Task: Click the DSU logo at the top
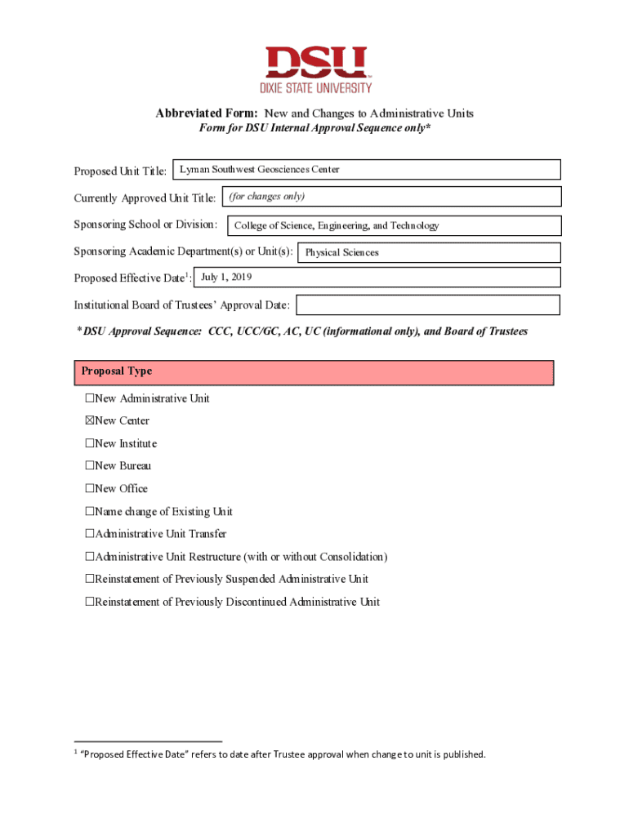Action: (x=315, y=69)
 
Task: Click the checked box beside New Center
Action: (x=90, y=421)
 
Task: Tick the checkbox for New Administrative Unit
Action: (x=90, y=398)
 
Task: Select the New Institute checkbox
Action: (x=90, y=444)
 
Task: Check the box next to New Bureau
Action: (x=90, y=466)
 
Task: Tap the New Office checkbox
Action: (x=90, y=489)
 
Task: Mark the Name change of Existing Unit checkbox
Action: (x=90, y=512)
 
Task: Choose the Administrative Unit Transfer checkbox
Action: (x=90, y=534)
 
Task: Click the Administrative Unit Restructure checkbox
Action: (x=90, y=557)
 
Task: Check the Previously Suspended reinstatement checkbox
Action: (x=90, y=580)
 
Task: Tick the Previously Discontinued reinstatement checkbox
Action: (x=90, y=603)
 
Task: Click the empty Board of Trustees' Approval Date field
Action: (x=427, y=305)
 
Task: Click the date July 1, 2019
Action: (x=226, y=278)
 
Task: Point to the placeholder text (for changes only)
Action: (x=266, y=197)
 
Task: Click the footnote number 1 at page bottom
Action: (x=76, y=751)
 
